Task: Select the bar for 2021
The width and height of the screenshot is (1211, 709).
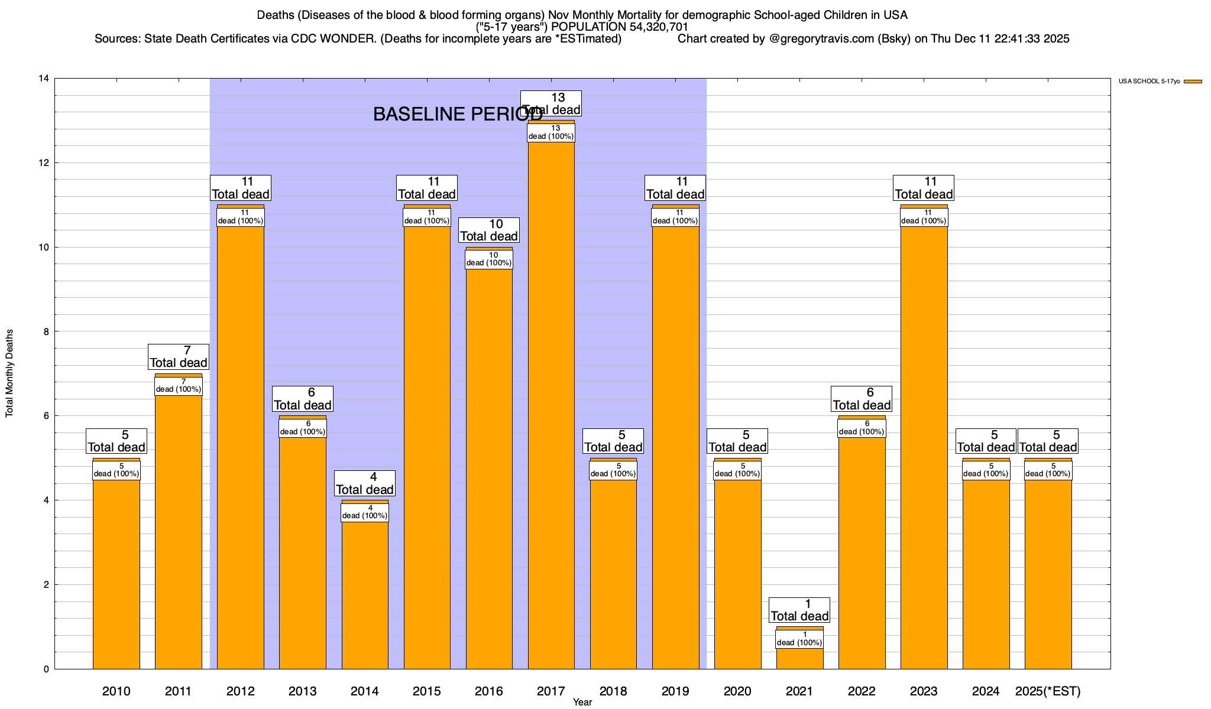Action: [x=799, y=658]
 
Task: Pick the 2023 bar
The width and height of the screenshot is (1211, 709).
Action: [x=924, y=443]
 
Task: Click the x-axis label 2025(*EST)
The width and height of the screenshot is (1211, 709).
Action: [x=1048, y=691]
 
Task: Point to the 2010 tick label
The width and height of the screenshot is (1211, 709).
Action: [x=116, y=691]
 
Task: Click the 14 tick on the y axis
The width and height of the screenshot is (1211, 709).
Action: [x=43, y=79]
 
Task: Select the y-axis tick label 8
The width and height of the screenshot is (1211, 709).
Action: [x=46, y=331]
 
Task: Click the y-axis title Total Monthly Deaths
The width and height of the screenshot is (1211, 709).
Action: [x=9, y=373]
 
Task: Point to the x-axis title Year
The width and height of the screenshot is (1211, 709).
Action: [x=582, y=703]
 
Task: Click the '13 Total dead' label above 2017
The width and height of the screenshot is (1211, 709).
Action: [x=551, y=103]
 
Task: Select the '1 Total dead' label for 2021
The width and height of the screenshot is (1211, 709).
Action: [x=799, y=610]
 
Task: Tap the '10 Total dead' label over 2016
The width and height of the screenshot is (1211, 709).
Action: [x=489, y=230]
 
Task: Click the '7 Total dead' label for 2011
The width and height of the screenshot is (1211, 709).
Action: [x=179, y=357]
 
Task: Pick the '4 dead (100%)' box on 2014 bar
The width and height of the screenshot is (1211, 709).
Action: [x=365, y=512]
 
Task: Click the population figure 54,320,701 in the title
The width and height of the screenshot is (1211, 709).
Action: [x=655, y=27]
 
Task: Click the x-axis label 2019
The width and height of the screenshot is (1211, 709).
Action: [x=675, y=691]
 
